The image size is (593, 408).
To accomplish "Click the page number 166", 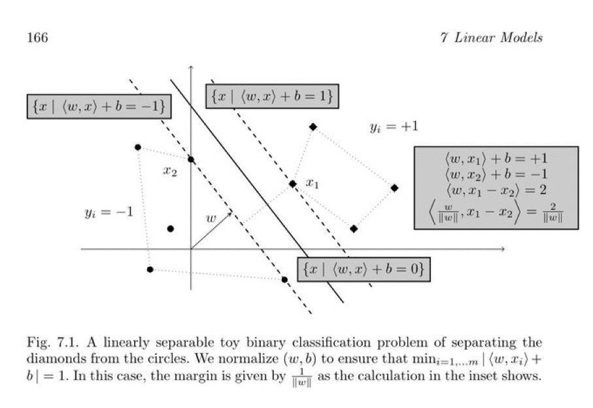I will [x=37, y=38].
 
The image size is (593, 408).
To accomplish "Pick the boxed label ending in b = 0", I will [x=364, y=269].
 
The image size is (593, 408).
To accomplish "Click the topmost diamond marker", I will [x=313, y=127].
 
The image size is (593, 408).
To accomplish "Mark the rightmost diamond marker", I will [x=395, y=188].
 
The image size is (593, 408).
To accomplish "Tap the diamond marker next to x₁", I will [x=293, y=184].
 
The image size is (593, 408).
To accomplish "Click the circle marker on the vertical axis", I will [x=191, y=159].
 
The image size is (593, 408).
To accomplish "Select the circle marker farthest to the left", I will [x=137, y=147].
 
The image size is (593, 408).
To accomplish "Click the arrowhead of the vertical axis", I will [x=191, y=67].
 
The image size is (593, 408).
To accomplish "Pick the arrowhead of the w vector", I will [x=230, y=212].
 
